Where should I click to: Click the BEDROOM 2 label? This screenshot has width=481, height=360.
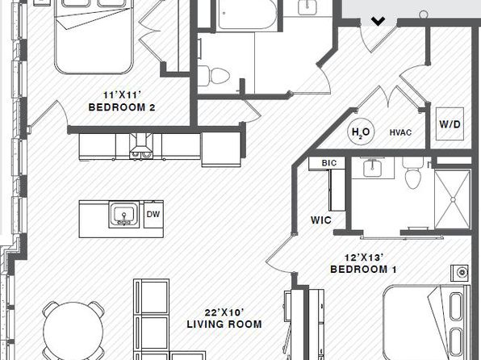click(122, 107)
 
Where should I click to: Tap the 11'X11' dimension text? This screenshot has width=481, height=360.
click(122, 95)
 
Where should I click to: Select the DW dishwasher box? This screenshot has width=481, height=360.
click(153, 214)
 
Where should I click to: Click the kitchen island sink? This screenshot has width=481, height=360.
click(124, 214)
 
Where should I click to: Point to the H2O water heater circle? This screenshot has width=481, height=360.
click(361, 132)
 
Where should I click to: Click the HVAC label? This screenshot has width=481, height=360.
click(400, 132)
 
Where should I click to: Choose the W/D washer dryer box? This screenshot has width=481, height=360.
click(450, 124)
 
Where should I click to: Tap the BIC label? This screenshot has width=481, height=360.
click(329, 163)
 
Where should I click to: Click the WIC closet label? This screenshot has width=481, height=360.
click(321, 220)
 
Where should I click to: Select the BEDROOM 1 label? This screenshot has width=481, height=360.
click(363, 270)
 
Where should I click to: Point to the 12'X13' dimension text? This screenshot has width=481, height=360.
click(363, 257)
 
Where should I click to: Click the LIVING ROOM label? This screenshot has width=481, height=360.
click(224, 324)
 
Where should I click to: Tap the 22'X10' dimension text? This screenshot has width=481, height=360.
click(224, 312)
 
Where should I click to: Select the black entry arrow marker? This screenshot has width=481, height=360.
click(378, 21)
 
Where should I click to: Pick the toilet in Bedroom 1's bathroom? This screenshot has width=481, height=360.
click(413, 174)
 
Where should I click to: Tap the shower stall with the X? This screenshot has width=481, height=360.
click(453, 199)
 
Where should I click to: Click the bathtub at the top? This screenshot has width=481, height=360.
click(247, 15)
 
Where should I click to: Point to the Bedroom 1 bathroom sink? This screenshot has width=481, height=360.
click(372, 168)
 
